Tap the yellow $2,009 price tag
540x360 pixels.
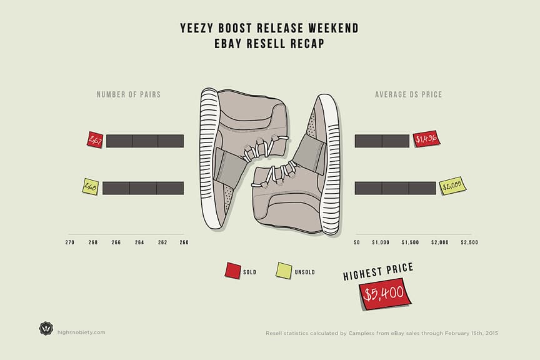[452, 186]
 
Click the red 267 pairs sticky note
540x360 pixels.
[95, 140]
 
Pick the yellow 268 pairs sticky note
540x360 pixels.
[91, 186]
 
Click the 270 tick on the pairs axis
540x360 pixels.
[70, 242]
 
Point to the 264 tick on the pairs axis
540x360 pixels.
[139, 242]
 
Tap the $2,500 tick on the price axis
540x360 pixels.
[469, 242]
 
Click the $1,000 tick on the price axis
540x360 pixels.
[381, 242]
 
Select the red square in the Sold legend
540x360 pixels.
[232, 271]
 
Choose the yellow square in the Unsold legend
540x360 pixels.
[284, 271]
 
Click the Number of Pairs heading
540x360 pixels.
[128, 95]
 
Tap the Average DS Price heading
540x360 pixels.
[408, 95]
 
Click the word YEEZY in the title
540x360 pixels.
[197, 29]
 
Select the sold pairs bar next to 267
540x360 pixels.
[145, 141]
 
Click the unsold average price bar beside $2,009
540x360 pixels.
[395, 187]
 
